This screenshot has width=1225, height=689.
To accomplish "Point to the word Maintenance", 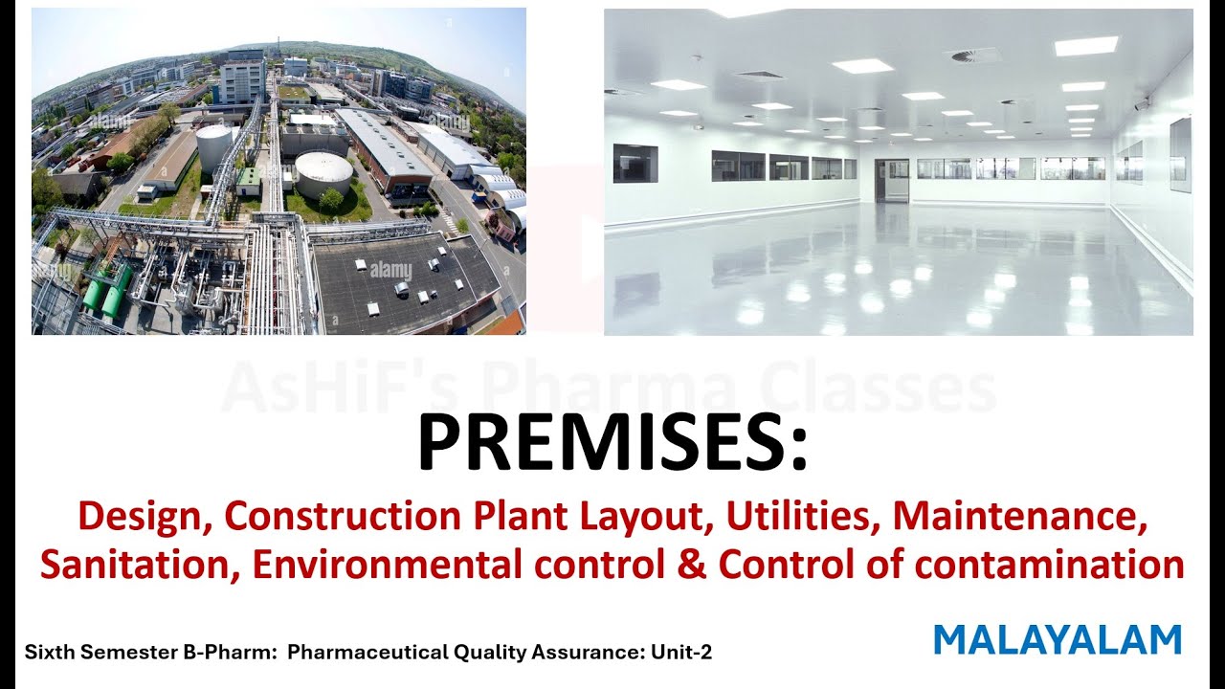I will pyautogui.click(x=1019, y=517).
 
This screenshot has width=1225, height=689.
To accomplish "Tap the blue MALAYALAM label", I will pyautogui.click(x=1058, y=640).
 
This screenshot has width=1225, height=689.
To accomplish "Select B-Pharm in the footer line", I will pyautogui.click(x=229, y=653).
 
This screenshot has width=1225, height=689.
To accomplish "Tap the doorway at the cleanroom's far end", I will pyautogui.click(x=892, y=181).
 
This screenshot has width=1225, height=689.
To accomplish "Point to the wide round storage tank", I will pyautogui.click(x=323, y=173).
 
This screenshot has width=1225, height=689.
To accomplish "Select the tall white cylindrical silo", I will pyautogui.click(x=213, y=148).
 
